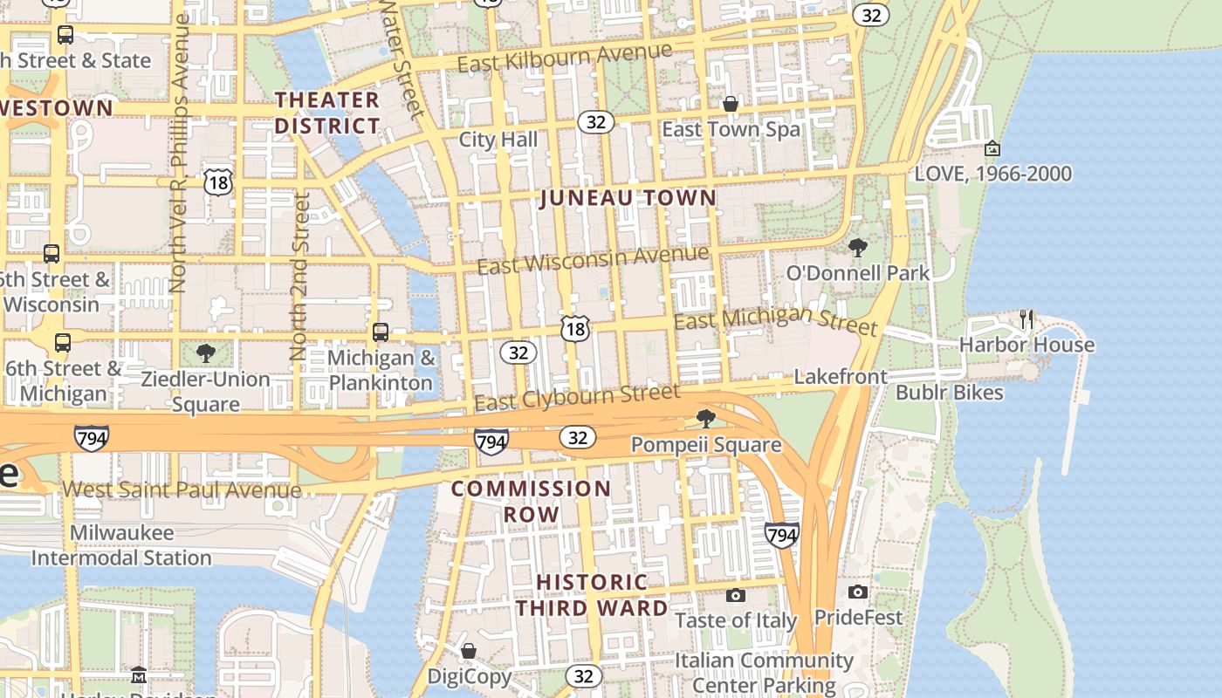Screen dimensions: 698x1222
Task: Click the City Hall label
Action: tap(498, 140)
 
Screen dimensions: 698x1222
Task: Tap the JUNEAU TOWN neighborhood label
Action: tap(628, 198)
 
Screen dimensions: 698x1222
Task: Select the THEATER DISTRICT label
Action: tap(327, 113)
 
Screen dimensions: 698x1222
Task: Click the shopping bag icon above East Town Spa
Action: tap(731, 105)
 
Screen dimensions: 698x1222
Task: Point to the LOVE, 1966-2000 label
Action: tap(992, 174)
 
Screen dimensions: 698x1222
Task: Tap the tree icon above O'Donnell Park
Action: tap(858, 248)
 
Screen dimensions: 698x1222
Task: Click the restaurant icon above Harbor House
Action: tap(1026, 319)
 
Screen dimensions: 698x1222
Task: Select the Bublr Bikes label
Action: tap(949, 393)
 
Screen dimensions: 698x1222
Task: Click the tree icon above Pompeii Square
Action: tap(706, 419)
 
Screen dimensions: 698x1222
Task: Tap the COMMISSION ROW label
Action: tap(531, 501)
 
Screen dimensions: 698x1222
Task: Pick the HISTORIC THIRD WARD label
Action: tap(592, 594)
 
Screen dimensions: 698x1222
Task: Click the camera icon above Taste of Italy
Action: tap(736, 595)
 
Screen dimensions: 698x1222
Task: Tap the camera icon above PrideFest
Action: tap(858, 592)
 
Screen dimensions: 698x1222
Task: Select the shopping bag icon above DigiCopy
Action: tap(469, 651)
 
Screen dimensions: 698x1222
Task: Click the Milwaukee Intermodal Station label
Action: tap(121, 544)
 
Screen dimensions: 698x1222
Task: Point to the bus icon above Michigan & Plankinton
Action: tap(381, 332)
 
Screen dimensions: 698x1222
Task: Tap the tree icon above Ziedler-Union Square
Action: tap(206, 353)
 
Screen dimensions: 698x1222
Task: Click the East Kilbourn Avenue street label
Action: tap(564, 58)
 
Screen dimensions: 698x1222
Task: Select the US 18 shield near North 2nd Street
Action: tap(218, 181)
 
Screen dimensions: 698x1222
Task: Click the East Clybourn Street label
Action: tap(576, 397)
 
